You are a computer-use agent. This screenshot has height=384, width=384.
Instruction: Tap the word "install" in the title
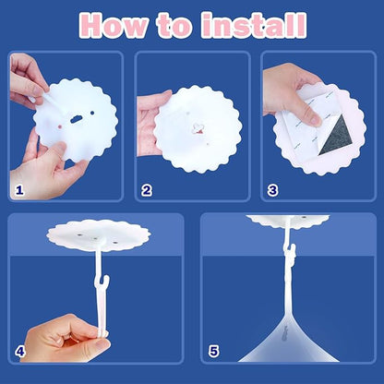(x=254, y=25)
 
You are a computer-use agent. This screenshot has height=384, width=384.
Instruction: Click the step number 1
(x=19, y=190)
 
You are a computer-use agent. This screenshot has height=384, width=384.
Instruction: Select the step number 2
(x=147, y=190)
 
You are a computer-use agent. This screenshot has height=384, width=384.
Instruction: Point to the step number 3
(x=272, y=190)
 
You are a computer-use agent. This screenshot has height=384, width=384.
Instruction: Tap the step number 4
(x=20, y=351)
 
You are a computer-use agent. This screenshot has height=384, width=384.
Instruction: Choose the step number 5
(x=213, y=351)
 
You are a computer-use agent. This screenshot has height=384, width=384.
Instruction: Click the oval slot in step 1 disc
(x=76, y=119)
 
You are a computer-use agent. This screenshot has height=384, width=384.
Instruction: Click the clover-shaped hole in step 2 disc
(x=198, y=128)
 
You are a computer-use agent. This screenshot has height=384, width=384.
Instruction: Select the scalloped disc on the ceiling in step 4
(x=99, y=234)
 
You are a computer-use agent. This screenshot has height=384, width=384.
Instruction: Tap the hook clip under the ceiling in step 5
(x=290, y=253)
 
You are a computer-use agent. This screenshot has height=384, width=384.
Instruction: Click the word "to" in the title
(x=175, y=26)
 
